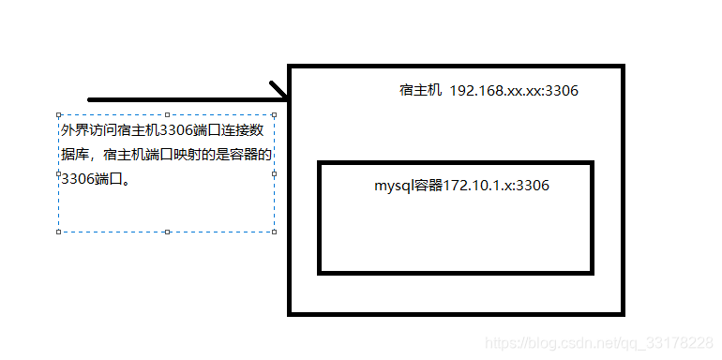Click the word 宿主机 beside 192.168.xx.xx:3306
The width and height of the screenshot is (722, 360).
point(419,91)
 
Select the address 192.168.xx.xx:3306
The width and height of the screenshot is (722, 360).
point(514,91)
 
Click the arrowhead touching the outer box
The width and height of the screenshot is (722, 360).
point(279,91)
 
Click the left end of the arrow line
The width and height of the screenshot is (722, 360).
point(90,98)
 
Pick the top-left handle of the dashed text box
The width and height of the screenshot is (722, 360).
point(58,116)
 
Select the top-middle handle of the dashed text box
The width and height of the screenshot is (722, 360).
point(166,116)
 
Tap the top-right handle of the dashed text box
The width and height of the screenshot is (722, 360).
point(274,116)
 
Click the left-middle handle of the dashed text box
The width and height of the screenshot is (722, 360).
point(58,173)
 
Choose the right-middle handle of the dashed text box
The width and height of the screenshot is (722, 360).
point(274,173)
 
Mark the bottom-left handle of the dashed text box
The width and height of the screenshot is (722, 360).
point(58,231)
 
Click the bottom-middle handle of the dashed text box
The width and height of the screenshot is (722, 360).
point(166,231)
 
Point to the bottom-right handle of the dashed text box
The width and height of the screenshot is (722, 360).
point(274,231)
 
